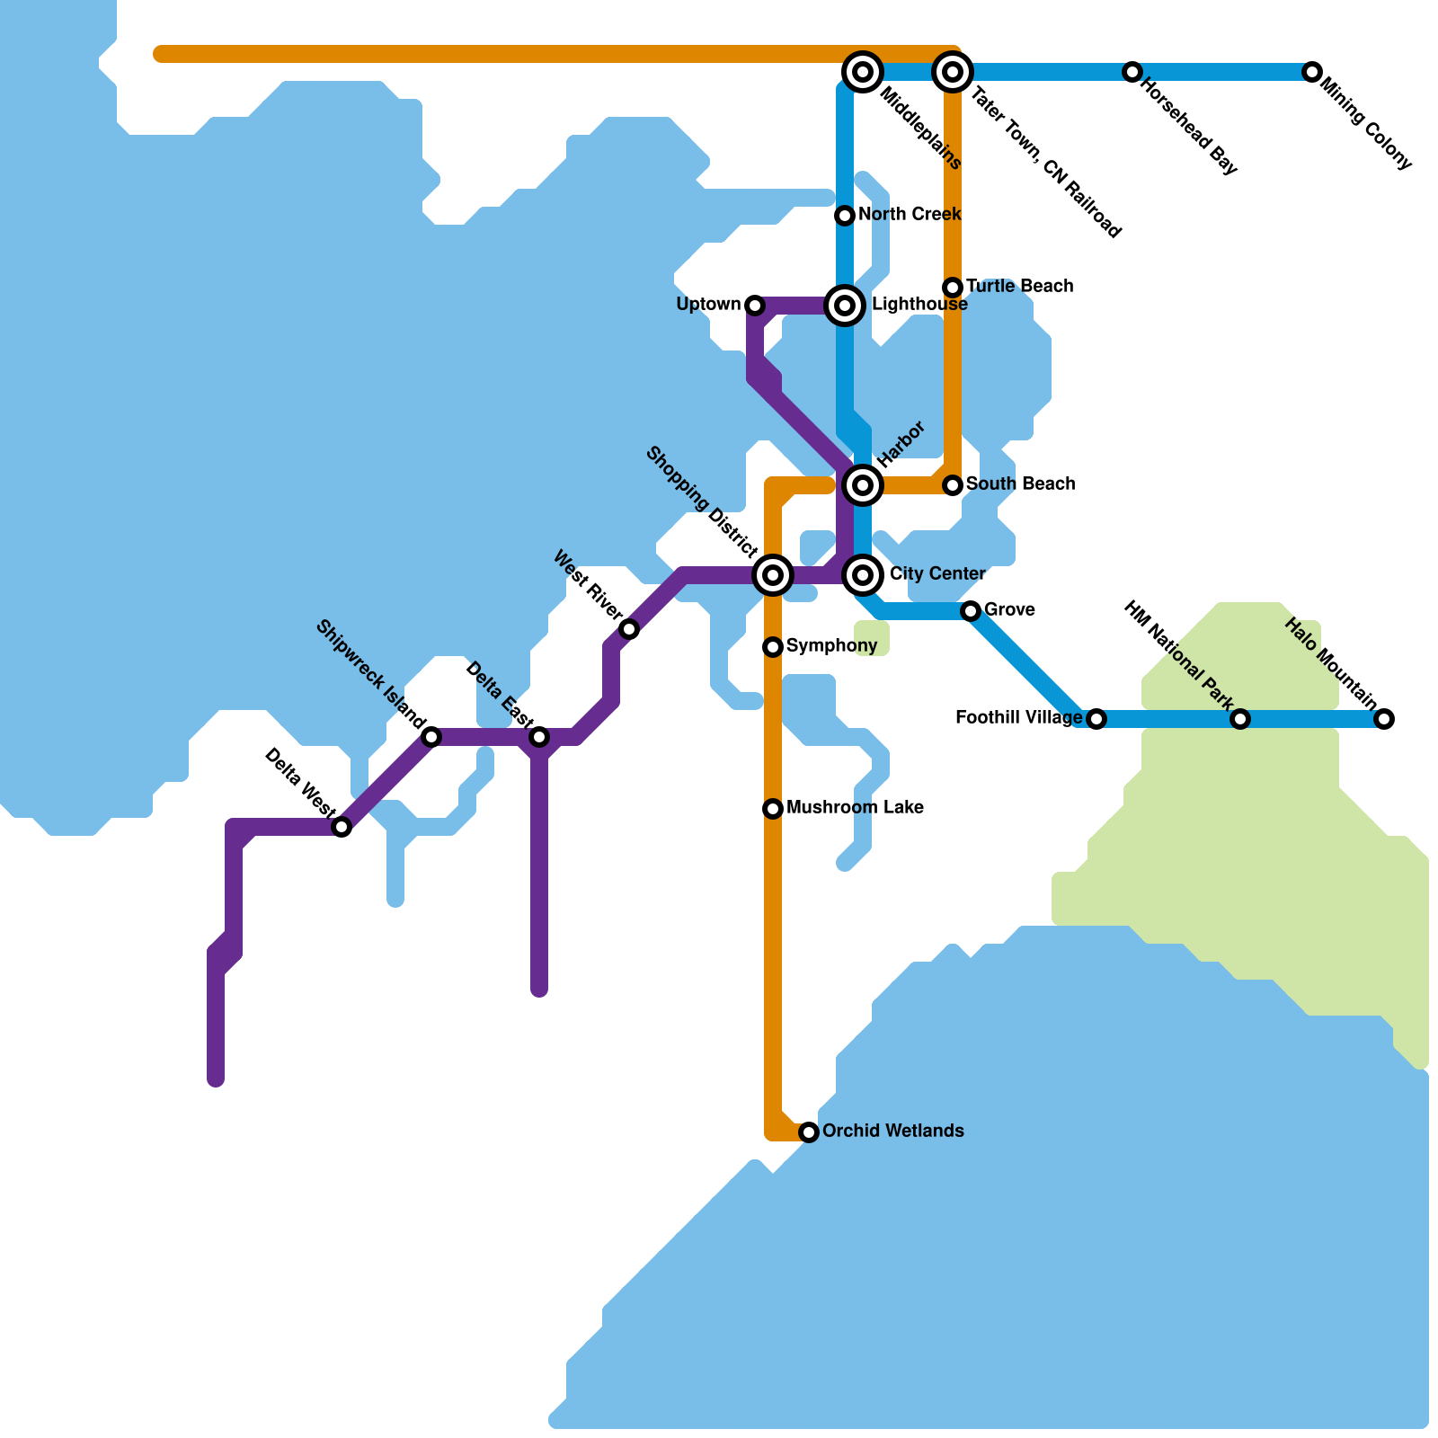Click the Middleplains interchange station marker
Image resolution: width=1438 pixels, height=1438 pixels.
tap(863, 71)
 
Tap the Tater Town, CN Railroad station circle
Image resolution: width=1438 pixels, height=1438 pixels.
tap(953, 71)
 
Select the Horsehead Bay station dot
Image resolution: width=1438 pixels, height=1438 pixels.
tap(1132, 71)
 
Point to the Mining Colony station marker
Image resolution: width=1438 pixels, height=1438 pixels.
tap(1312, 71)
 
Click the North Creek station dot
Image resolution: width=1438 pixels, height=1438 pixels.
tap(844, 216)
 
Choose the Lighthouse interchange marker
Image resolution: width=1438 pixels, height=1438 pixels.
tap(844, 306)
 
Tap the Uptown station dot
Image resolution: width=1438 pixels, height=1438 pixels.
tap(755, 306)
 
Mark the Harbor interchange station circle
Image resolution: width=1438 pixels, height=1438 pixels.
tap(863, 485)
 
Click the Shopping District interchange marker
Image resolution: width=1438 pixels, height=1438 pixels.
tap(773, 574)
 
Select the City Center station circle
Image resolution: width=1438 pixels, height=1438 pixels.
tap(863, 574)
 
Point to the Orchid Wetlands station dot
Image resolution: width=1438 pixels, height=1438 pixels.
tap(809, 1132)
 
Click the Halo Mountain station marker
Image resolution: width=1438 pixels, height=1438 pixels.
tap(1384, 718)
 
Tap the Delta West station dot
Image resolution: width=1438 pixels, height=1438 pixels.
tap(342, 827)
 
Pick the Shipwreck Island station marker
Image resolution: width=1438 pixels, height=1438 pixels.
tap(431, 737)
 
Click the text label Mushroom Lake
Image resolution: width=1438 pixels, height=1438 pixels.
tap(854, 808)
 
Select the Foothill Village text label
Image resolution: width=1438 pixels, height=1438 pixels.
tap(1018, 718)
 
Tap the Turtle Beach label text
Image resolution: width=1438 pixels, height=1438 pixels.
tap(1019, 287)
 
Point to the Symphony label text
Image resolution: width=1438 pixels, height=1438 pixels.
tap(831, 646)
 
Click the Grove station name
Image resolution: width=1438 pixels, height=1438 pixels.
tap(1009, 610)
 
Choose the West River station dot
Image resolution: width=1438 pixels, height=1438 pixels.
tap(629, 629)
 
